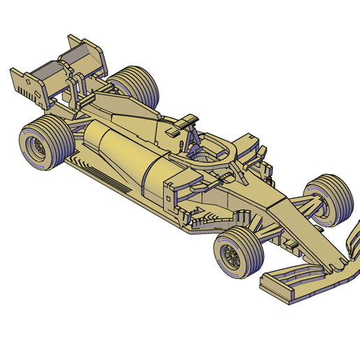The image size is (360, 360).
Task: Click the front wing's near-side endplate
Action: click(275, 287)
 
